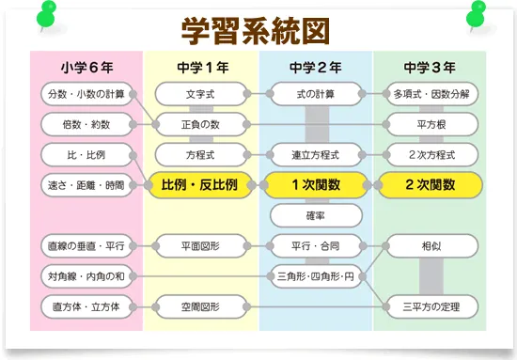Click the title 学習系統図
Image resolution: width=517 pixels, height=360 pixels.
coord(256,29)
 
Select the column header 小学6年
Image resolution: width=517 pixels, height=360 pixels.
coord(86,68)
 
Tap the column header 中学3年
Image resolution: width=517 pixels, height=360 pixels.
coord(430,68)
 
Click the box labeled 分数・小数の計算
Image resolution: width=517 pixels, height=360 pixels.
coord(86,94)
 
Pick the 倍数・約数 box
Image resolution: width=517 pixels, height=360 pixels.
coord(86,124)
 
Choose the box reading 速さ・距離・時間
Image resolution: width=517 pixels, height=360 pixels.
coord(86,185)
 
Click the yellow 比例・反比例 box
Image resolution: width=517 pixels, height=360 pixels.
coord(200,185)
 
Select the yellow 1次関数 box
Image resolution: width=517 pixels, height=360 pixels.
coord(316,185)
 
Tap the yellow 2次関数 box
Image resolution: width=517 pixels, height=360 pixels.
coord(430,185)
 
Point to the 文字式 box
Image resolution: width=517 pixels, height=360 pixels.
coord(200,94)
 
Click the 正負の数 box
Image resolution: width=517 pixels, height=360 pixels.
coord(200,124)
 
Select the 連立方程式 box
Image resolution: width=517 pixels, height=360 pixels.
coord(316,154)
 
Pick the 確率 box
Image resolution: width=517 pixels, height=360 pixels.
coord(316,215)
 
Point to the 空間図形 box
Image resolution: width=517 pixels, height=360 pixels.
coord(200,305)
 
